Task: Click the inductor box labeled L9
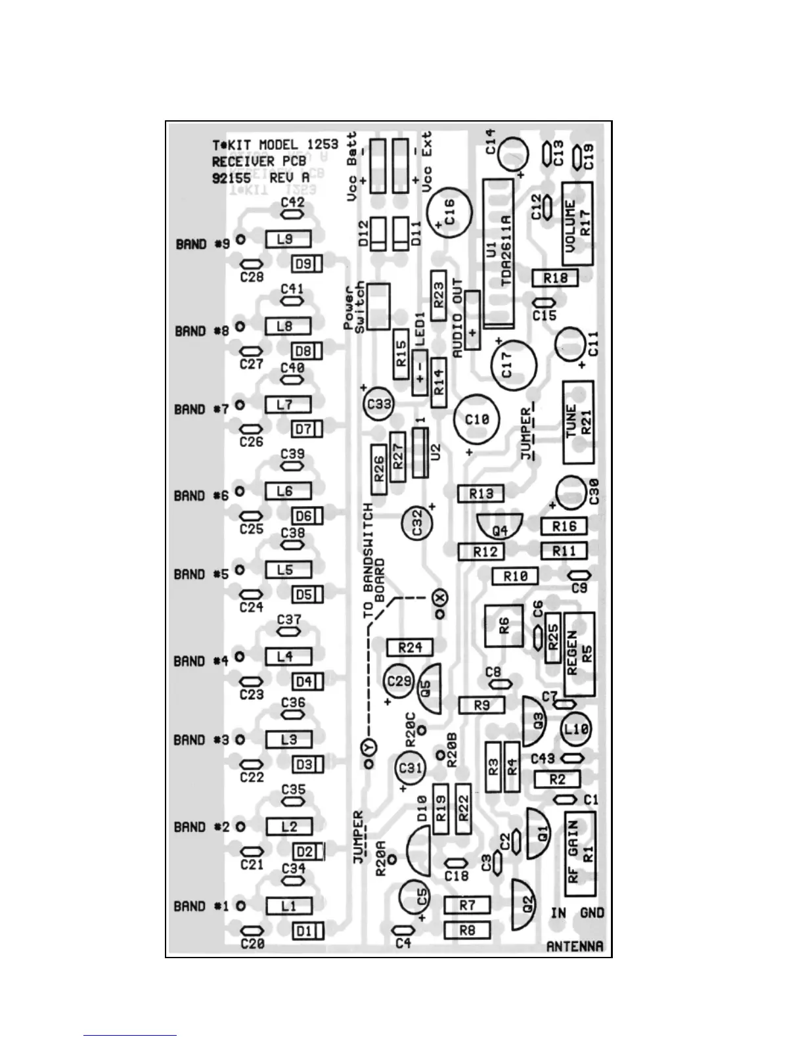click(x=287, y=240)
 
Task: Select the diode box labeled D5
click(x=307, y=595)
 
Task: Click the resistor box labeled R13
click(x=481, y=494)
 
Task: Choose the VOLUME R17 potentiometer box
click(x=577, y=223)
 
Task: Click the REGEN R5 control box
click(x=579, y=654)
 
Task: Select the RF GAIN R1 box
click(x=580, y=854)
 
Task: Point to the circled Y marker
click(x=368, y=747)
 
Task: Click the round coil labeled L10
click(x=577, y=728)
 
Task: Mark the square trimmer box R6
click(x=504, y=625)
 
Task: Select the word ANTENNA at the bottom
click(x=575, y=946)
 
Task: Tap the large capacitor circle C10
click(x=477, y=419)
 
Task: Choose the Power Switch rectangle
click(x=378, y=306)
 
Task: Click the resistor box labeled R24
click(x=410, y=647)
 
